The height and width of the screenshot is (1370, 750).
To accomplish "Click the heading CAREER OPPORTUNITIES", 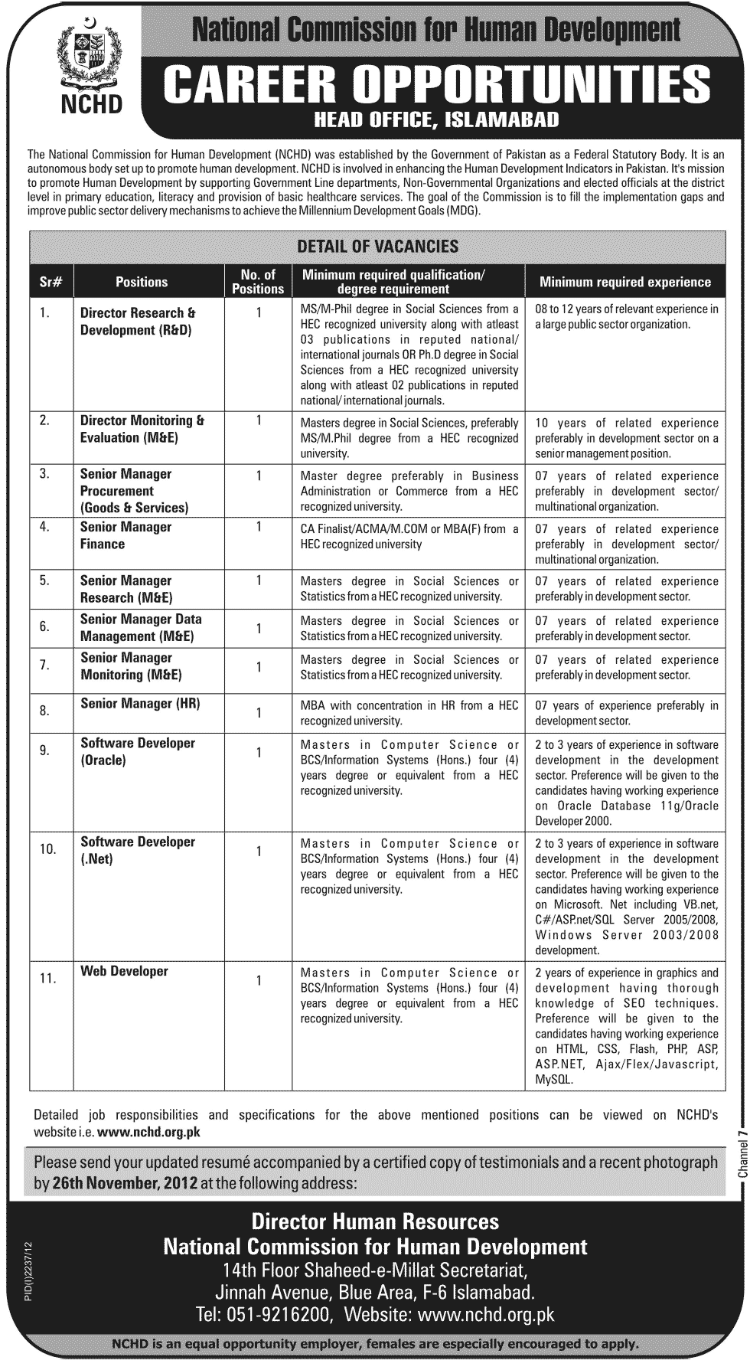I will (436, 84).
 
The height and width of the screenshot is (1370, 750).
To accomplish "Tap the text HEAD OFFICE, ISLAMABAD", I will (437, 119).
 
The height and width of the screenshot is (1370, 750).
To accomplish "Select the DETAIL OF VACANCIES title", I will (377, 247).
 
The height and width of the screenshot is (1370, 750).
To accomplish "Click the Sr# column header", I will (51, 282).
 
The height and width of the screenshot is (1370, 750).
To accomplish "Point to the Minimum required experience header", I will (624, 282).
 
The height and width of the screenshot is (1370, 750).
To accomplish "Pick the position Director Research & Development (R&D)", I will (138, 322).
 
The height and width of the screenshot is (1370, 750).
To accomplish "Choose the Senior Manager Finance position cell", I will (126, 535).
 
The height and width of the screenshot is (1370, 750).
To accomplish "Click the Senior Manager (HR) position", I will (140, 703).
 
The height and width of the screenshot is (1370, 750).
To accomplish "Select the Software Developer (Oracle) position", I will (137, 751).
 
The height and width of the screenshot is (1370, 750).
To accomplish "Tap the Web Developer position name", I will (124, 971).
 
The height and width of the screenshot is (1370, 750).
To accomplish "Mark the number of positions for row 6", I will (259, 629).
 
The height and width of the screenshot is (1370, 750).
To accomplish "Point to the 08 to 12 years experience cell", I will (626, 316).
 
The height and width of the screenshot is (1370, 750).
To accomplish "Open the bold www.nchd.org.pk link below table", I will (149, 1131).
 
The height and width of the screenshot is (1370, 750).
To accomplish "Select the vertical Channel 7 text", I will (741, 1156).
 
